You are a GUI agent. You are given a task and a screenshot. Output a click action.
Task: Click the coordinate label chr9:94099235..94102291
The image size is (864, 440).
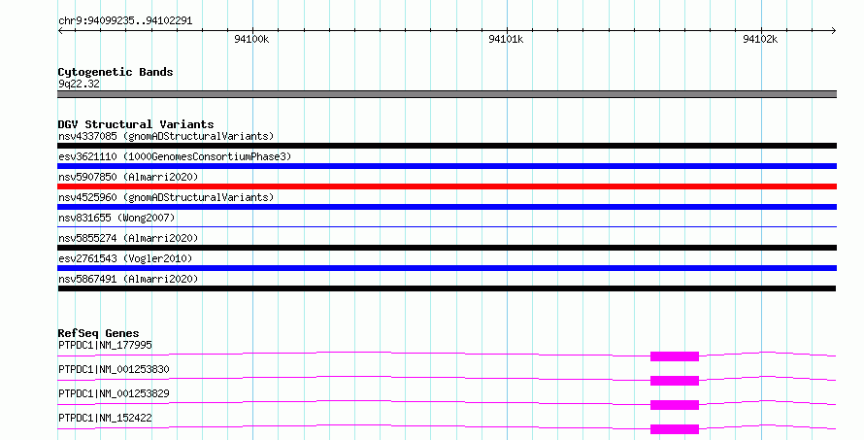coord(125,20)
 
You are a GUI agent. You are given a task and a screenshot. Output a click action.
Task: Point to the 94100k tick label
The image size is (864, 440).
coord(251,39)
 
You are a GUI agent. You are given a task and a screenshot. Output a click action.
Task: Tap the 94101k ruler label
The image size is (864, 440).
coord(506,39)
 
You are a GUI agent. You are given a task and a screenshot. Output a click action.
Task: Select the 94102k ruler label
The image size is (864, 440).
coord(760,39)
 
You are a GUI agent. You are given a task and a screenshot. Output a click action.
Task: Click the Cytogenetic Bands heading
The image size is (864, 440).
coord(116,72)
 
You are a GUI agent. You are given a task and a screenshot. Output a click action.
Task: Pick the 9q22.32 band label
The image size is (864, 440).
coord(79,84)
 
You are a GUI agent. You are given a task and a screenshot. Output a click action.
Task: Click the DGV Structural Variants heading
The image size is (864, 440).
coord(136,124)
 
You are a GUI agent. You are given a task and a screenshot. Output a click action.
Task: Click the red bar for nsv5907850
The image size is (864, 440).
coord(447,186)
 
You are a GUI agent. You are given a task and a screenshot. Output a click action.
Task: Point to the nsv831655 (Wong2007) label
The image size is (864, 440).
coord(116,218)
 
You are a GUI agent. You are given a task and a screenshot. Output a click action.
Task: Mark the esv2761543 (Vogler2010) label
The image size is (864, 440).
coord(125,258)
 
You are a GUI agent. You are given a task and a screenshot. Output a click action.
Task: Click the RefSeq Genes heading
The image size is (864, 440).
coord(98,333)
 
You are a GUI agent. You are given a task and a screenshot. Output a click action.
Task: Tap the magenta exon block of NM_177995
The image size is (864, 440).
coord(675,356)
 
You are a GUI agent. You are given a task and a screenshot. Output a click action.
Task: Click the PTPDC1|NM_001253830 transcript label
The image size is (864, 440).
coord(114,369)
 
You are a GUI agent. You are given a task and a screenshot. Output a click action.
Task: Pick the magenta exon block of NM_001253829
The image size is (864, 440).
coord(675,405)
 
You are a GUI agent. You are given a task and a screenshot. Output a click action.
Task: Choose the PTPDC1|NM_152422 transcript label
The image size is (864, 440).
coord(105,418)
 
